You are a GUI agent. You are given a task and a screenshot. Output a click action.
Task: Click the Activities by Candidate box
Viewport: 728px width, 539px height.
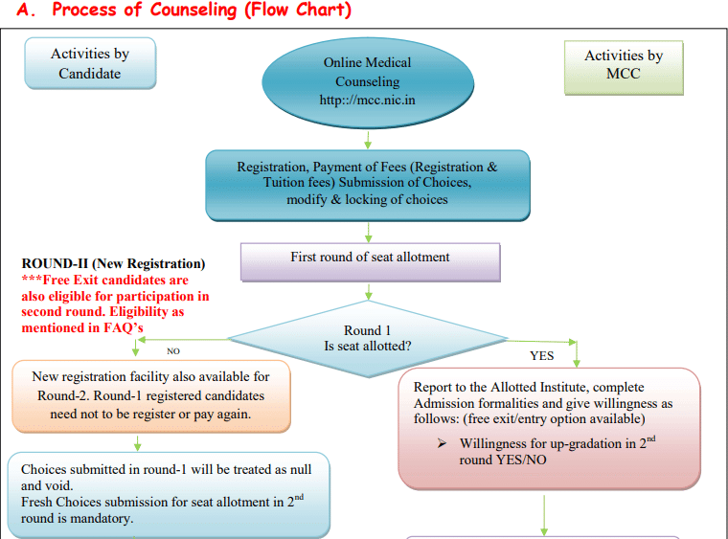[89, 64]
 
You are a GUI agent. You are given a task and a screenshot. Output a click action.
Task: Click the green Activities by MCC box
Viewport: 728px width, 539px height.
[624, 66]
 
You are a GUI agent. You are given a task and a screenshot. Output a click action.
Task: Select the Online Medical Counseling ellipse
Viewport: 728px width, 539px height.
[367, 81]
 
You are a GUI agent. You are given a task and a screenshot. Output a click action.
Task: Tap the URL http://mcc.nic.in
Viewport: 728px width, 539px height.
[367, 100]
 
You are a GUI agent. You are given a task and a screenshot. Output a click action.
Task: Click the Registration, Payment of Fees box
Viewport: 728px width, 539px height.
[367, 183]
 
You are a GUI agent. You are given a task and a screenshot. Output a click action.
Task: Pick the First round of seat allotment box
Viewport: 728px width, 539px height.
[370, 258]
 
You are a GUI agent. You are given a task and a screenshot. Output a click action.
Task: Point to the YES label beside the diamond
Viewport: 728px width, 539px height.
[542, 356]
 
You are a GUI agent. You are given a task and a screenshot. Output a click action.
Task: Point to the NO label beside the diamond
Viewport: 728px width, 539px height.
[173, 351]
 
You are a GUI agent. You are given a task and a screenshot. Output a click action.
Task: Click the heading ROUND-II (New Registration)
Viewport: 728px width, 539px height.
[113, 263]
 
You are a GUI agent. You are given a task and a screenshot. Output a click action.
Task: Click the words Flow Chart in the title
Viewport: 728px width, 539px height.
[286, 11]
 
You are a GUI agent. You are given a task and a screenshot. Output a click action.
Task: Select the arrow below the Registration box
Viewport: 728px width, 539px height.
[368, 230]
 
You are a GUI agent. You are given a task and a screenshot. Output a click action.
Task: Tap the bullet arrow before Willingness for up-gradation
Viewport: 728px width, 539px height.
[442, 444]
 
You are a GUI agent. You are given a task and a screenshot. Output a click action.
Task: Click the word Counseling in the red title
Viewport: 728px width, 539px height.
[182, 11]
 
